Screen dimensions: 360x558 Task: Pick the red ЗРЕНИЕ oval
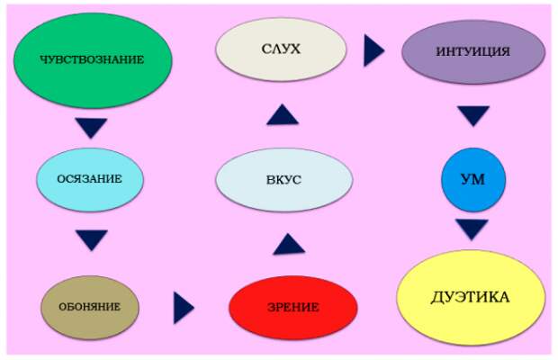[x=292, y=307]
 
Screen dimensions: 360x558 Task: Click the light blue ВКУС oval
[x=283, y=180]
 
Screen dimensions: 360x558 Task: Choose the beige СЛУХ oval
[x=283, y=49]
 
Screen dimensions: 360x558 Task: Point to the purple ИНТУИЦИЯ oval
[x=472, y=51]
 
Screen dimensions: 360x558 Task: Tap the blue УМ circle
[x=472, y=180]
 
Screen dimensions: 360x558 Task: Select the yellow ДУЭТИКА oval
[x=472, y=297]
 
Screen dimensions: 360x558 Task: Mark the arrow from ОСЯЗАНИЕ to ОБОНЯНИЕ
[x=92, y=239]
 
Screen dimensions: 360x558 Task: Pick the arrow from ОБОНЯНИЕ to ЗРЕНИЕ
[x=184, y=307]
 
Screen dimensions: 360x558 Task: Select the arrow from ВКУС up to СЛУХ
[x=283, y=114]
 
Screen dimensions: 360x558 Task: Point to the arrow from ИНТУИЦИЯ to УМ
[x=472, y=115]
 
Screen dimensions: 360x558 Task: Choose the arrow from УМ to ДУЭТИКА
[x=472, y=230]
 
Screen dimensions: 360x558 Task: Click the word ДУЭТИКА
[x=472, y=296]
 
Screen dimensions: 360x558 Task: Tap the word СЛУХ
[x=283, y=49]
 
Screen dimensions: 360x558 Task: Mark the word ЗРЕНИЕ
[x=292, y=308]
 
